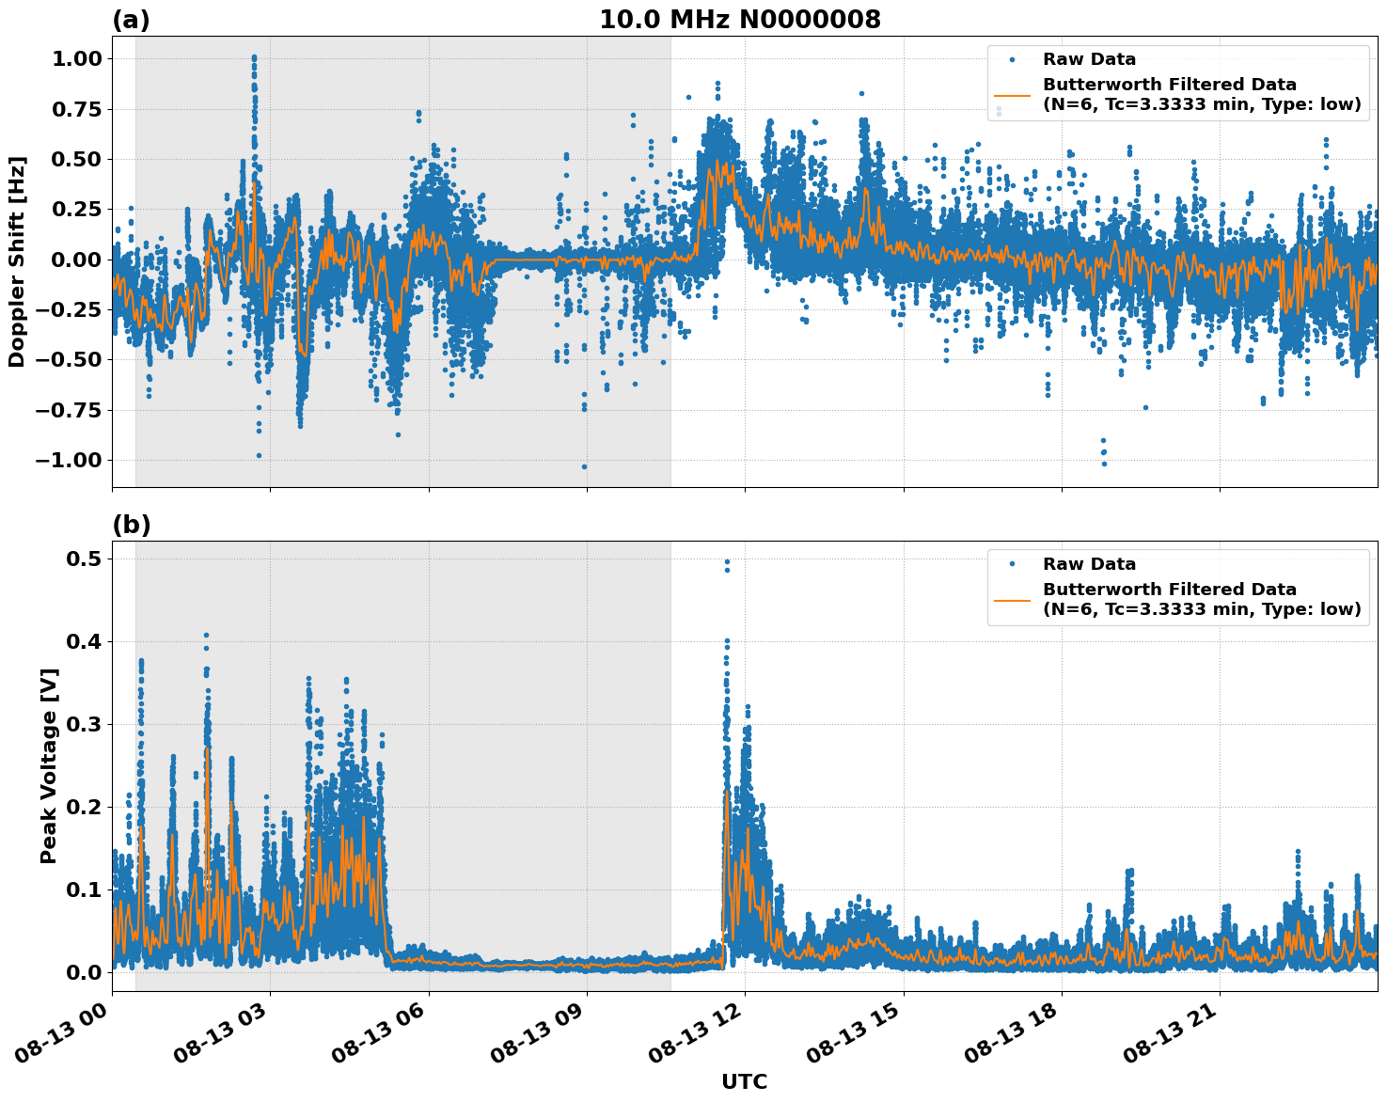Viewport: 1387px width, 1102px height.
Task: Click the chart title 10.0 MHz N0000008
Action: click(x=740, y=20)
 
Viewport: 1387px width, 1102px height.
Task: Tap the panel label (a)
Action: click(x=131, y=20)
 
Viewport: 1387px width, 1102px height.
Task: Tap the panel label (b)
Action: click(x=131, y=525)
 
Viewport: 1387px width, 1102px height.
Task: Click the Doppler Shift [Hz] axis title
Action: click(x=17, y=261)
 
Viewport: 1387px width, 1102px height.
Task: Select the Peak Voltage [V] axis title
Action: click(x=49, y=765)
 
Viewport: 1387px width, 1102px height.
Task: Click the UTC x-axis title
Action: click(x=744, y=1081)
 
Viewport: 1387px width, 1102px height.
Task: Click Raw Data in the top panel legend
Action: click(x=1089, y=59)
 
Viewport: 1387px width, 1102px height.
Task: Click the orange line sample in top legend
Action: click(x=1012, y=94)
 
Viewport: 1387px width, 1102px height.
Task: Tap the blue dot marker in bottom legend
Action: click(x=1012, y=564)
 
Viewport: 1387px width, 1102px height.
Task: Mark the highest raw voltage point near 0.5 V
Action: click(x=726, y=561)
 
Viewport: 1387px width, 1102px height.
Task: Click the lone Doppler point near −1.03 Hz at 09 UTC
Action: click(x=584, y=466)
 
